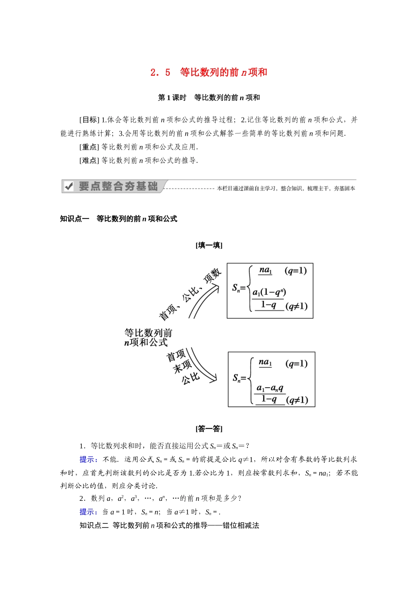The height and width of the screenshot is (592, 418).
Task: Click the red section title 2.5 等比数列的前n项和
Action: (209, 72)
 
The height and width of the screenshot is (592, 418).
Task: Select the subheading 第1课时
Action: (172, 98)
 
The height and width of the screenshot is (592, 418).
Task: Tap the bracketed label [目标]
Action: (89, 120)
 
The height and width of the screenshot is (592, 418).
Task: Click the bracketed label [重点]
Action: (89, 147)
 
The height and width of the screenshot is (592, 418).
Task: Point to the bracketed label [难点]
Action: (89, 161)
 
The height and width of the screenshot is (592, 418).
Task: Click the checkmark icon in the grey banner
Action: (69, 187)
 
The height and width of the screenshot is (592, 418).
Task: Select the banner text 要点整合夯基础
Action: (118, 186)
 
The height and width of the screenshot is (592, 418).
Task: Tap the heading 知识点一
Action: (74, 219)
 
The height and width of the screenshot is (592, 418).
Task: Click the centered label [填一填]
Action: (209, 245)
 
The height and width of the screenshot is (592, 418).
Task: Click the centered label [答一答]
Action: (209, 429)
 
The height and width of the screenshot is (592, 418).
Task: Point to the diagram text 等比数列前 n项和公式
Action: (148, 337)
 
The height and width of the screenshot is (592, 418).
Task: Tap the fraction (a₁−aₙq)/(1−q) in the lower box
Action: (271, 393)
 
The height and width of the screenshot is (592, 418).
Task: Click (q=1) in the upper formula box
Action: (296, 270)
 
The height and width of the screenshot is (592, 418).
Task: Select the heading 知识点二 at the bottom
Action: (94, 525)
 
